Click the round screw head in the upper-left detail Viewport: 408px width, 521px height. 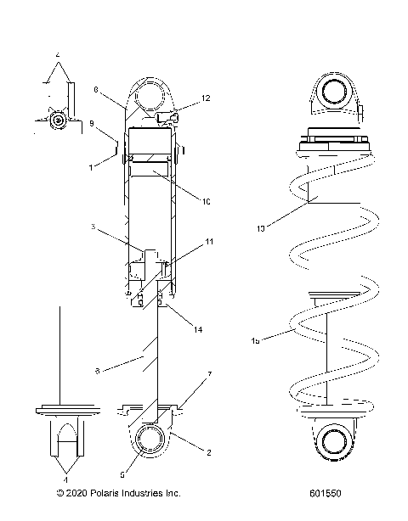57,120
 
